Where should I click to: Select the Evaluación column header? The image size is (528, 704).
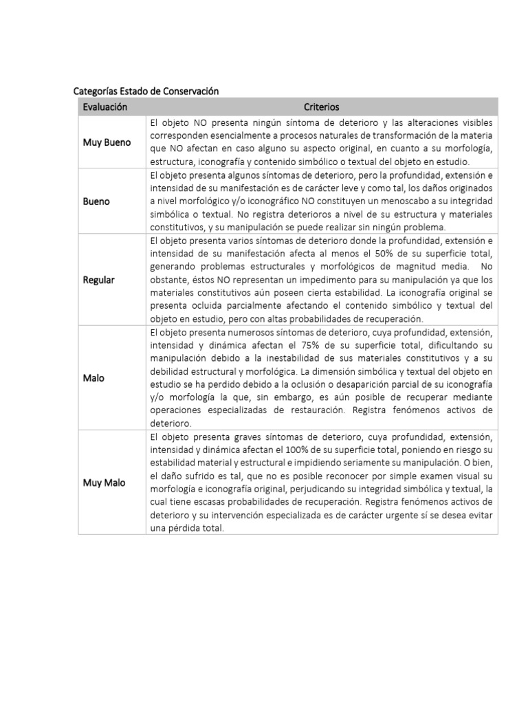point(105,107)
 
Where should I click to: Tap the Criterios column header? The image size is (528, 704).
point(322,107)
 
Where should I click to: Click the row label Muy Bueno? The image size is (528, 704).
point(107,142)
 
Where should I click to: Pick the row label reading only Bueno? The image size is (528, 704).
point(97,201)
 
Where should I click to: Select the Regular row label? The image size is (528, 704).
point(99,280)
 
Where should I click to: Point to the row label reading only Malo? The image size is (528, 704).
point(94,378)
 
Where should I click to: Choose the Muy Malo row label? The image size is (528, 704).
point(104,483)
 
